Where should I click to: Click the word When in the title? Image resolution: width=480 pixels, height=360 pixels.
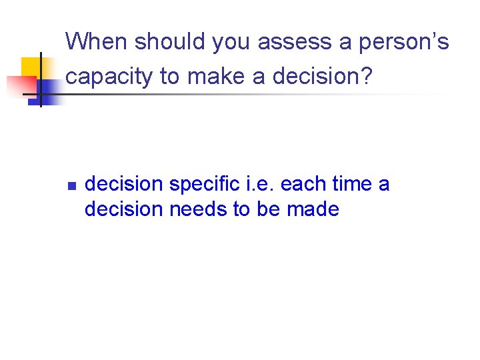point(97,42)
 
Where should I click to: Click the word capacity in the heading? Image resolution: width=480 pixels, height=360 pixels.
point(110,77)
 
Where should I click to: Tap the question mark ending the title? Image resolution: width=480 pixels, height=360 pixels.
point(365,77)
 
